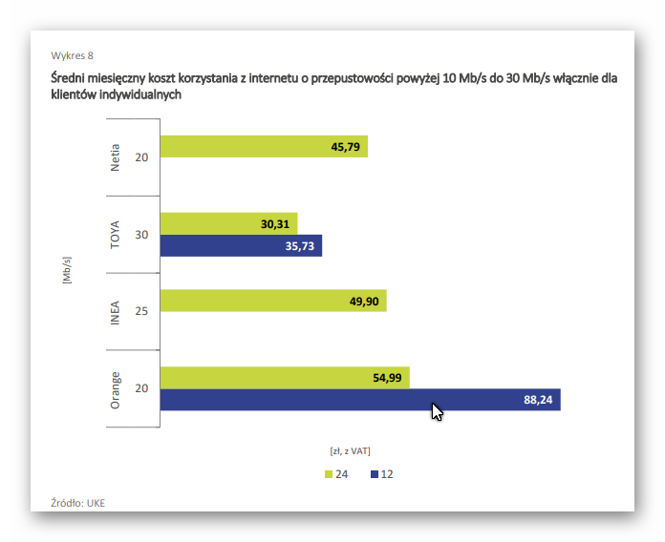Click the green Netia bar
tap(263, 147)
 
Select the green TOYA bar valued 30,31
tap(228, 223)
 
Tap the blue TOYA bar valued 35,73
tap(241, 246)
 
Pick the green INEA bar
tap(273, 302)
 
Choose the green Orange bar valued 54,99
tap(285, 378)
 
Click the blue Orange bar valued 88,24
tap(359, 400)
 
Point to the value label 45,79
tap(347, 147)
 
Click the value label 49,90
tap(366, 302)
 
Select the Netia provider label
tap(116, 156)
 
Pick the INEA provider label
tap(116, 311)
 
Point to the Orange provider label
tap(116, 388)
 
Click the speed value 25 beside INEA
tap(141, 311)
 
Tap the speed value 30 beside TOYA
tap(141, 235)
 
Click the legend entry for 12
tap(381, 474)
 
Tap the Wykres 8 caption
tap(73, 55)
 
